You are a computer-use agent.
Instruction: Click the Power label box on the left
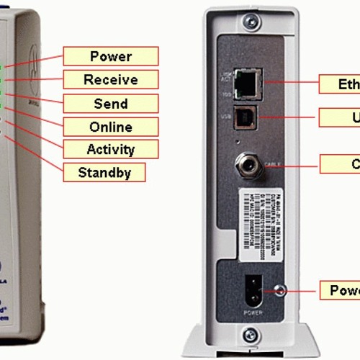[x=110, y=56]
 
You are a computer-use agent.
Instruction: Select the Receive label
[x=110, y=80]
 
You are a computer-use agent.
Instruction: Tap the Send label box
[x=110, y=104]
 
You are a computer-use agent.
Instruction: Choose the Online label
[x=110, y=127]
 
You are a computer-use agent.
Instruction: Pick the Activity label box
[x=110, y=150]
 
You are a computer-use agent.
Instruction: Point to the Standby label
[x=104, y=173]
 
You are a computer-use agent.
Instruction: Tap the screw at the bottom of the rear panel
[x=250, y=333]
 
